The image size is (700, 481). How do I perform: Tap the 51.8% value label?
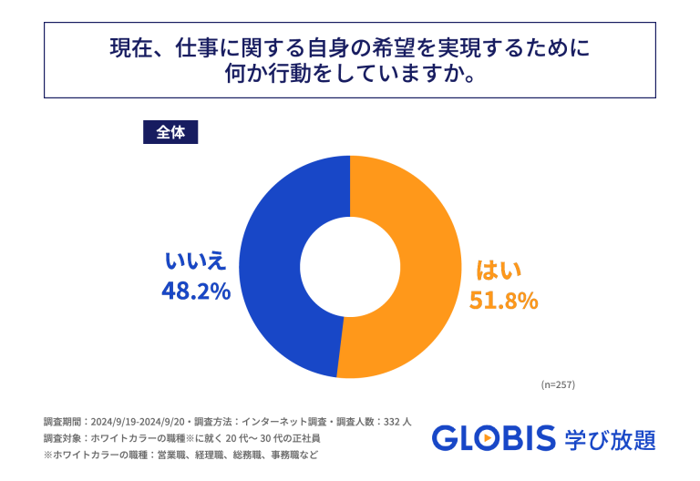click(503, 300)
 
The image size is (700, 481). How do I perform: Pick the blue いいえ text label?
click(195, 261)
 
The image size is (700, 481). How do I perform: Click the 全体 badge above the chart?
click(170, 132)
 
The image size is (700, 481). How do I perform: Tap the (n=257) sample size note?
click(558, 384)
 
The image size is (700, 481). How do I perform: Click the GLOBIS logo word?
click(493, 438)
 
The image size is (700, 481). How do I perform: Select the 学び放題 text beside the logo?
click(610, 438)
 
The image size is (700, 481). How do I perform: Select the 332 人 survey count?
click(394, 422)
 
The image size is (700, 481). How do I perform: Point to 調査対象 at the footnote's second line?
click(62, 438)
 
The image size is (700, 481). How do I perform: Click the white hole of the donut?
click(350, 266)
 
